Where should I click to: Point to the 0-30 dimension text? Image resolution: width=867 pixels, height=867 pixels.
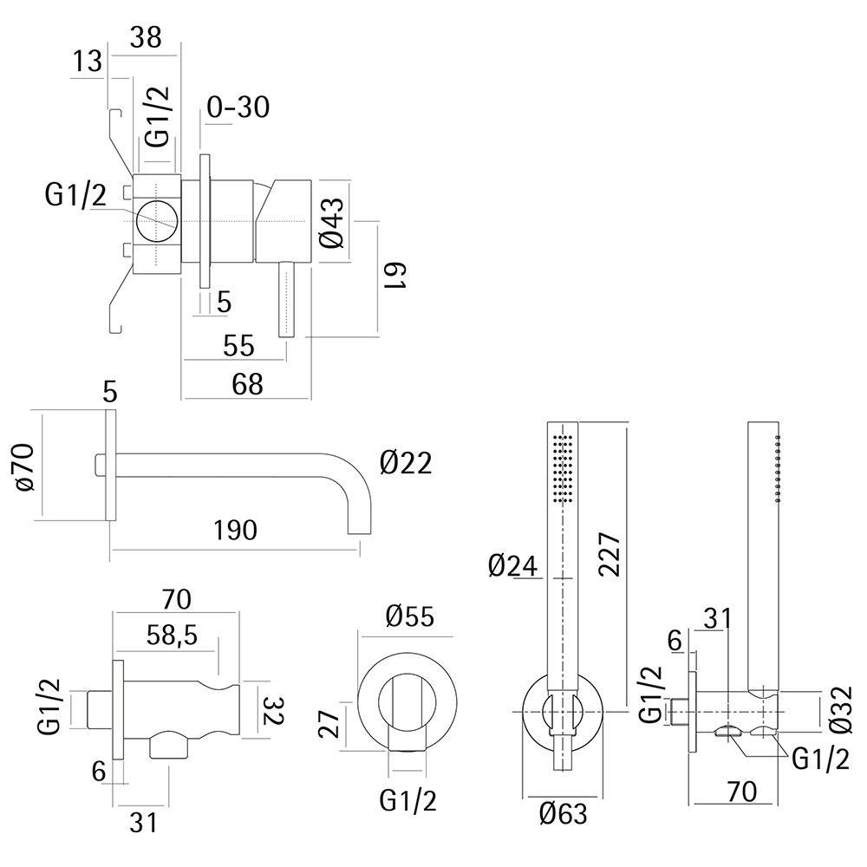point(238,108)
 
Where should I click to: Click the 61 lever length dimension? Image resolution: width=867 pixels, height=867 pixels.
point(398,276)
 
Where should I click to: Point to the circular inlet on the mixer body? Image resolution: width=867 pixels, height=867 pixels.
point(157,220)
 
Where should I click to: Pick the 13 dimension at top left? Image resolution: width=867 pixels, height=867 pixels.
point(88,62)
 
